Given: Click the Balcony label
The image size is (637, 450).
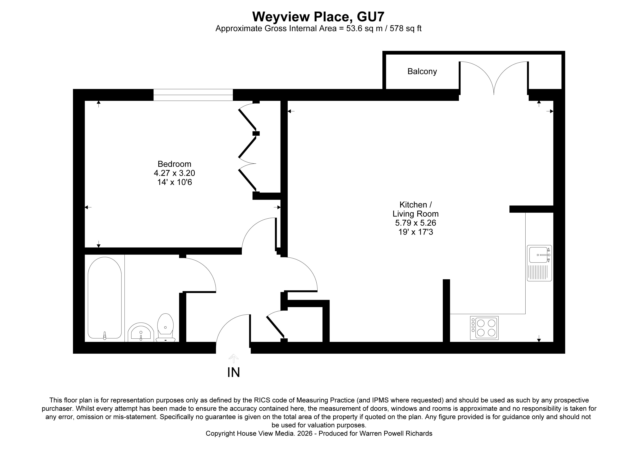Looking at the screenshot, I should [x=422, y=72].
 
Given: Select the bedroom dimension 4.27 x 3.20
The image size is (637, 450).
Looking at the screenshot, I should [x=174, y=173].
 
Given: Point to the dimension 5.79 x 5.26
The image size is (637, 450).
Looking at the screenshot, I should [x=415, y=223].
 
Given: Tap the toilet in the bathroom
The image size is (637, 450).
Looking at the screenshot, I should [x=165, y=327].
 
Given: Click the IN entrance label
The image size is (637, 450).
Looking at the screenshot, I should [x=233, y=372].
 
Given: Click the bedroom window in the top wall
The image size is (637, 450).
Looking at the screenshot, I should [x=193, y=95].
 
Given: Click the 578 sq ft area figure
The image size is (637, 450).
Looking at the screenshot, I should [x=405, y=28].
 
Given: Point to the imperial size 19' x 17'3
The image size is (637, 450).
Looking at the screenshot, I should [x=415, y=232].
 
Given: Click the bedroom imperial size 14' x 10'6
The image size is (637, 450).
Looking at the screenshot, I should [x=174, y=182].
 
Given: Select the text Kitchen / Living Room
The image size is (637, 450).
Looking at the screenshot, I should [x=415, y=209].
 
